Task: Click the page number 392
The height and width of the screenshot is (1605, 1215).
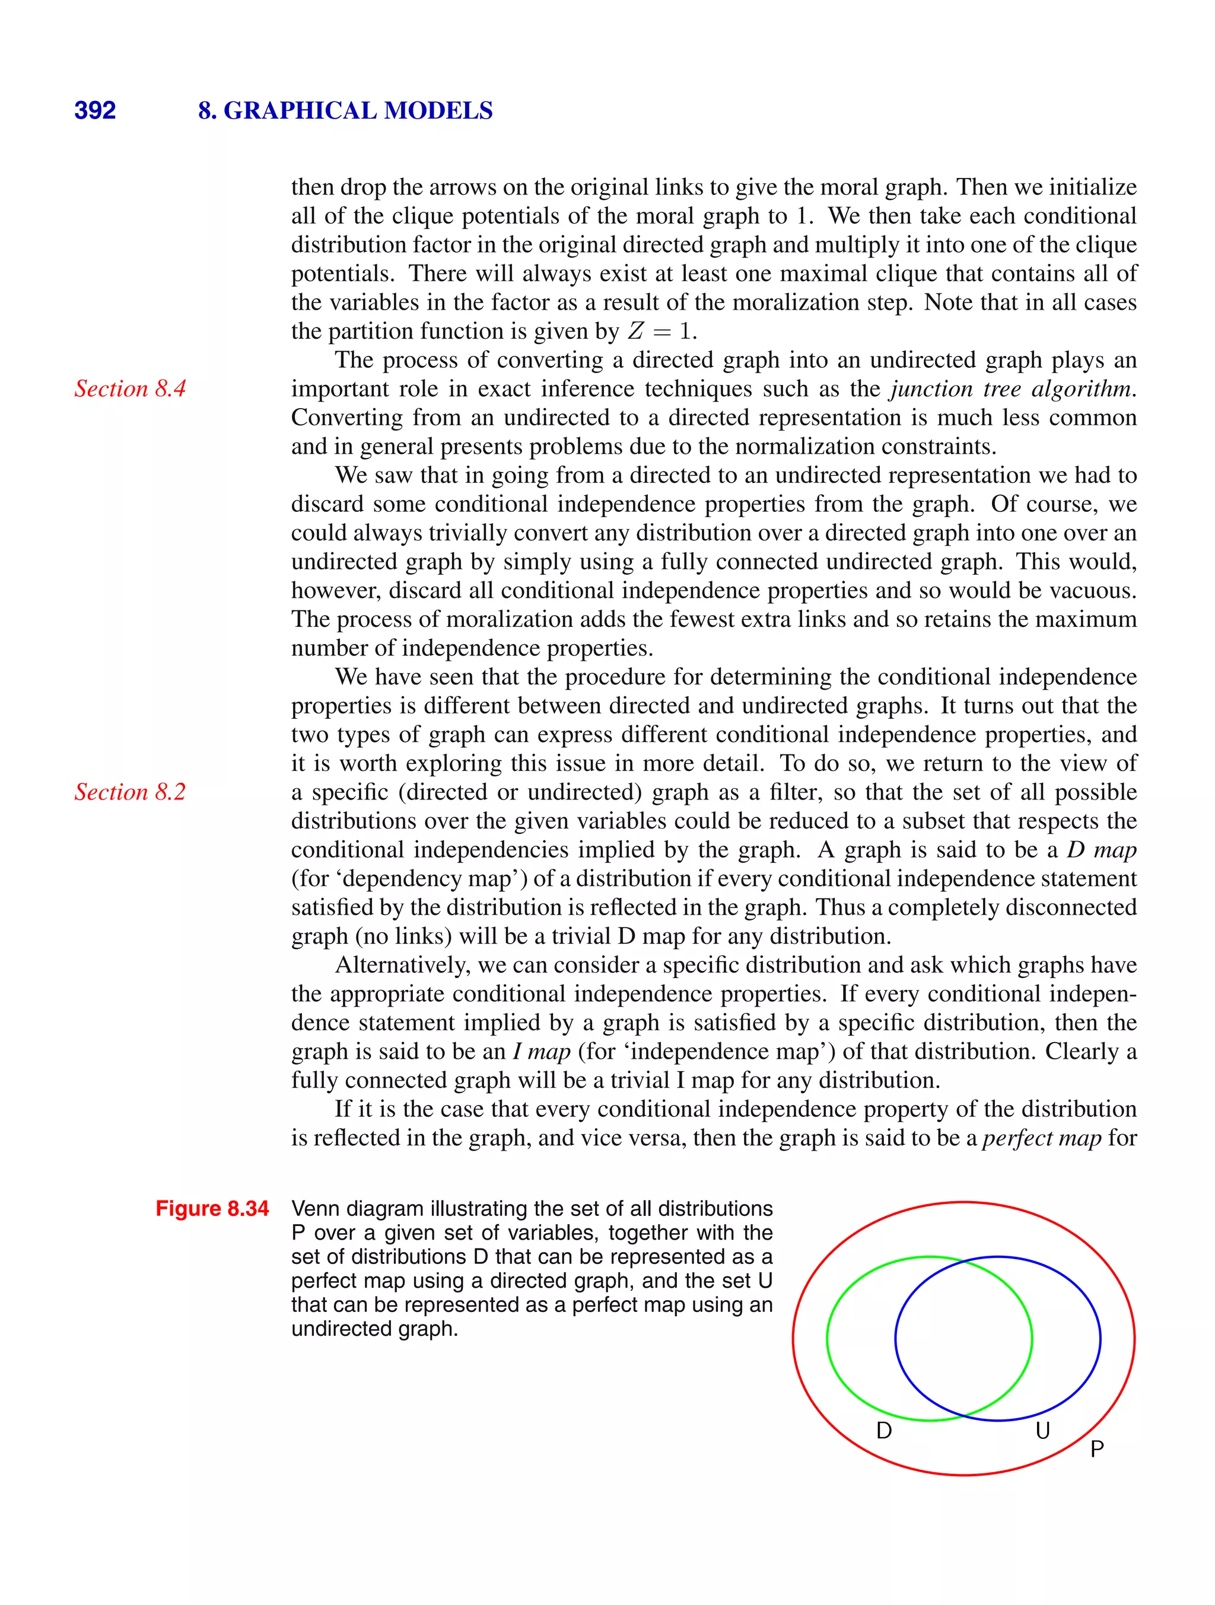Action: tap(95, 110)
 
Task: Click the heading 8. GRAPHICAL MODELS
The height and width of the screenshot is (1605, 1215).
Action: tap(345, 110)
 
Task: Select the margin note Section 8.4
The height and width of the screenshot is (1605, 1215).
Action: tap(130, 389)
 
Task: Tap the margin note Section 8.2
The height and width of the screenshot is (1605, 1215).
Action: tap(130, 792)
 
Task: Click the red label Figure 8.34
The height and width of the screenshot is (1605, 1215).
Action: tap(212, 1209)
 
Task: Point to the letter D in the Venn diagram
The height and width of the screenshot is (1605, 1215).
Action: tap(884, 1431)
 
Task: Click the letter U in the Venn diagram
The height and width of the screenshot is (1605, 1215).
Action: tap(1042, 1431)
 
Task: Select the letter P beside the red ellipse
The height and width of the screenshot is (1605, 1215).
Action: tap(1097, 1450)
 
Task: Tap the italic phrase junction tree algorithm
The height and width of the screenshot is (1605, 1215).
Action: tap(1011, 389)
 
